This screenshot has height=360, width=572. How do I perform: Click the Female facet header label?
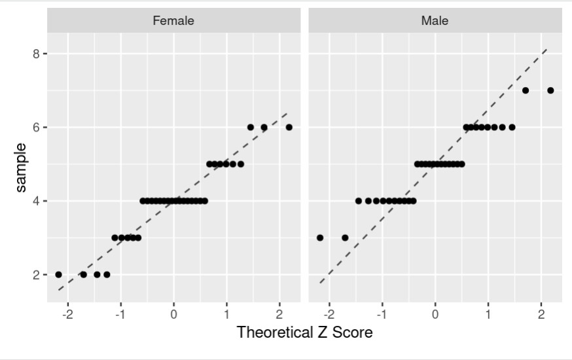pos(173,20)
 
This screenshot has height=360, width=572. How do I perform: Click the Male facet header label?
pos(435,20)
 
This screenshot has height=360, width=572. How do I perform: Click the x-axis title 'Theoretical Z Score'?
pos(304,333)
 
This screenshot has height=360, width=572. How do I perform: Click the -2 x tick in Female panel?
pos(67,314)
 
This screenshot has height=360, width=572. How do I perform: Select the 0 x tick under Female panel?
pos(173,314)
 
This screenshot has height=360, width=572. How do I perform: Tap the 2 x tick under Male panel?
pos(541,314)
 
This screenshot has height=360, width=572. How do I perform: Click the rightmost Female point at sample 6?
pos(289,127)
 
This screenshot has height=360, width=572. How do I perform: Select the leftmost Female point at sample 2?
pos(58,275)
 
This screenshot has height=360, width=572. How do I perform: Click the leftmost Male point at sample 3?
pos(320,238)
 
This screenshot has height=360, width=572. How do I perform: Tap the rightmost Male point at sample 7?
pos(550,90)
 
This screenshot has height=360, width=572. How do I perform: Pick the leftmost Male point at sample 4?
pos(359,201)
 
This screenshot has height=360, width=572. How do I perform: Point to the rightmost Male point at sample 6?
pos(512,127)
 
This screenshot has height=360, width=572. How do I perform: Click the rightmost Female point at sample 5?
pos(241,164)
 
